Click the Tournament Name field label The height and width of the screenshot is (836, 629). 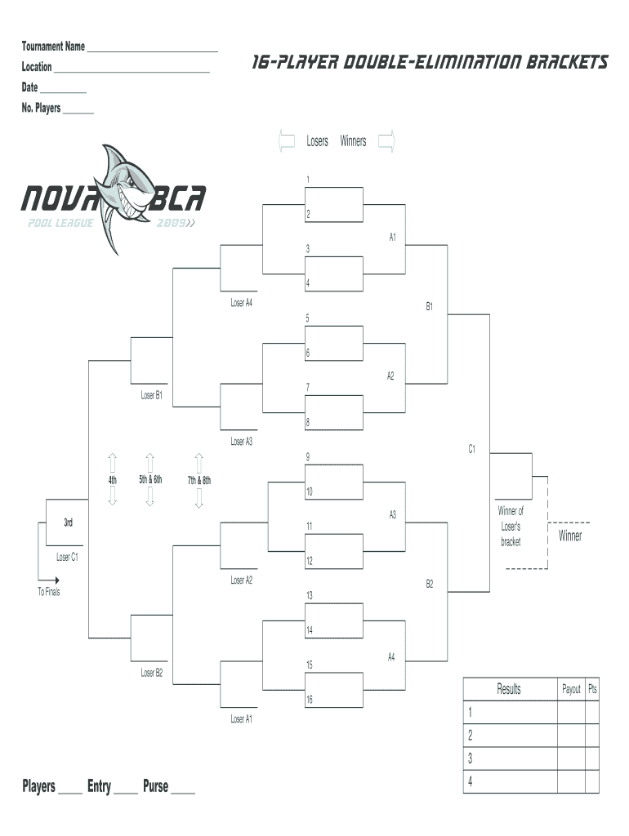pos(53,47)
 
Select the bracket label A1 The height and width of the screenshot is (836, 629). pos(392,238)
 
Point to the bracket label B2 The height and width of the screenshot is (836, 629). pos(429,584)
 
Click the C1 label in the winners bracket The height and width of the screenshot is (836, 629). pos(471,448)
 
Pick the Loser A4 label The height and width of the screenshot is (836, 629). pos(241,303)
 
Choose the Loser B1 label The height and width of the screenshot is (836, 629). pos(152,395)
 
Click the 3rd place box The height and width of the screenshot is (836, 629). pos(68,522)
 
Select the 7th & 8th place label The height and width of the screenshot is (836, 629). pos(199,480)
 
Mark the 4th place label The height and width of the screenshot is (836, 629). pos(112,480)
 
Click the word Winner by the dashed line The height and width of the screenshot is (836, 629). pos(570,536)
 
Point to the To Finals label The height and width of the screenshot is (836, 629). pos(48,592)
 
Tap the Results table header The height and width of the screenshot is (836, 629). pos(509,690)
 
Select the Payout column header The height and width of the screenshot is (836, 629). pos(571,690)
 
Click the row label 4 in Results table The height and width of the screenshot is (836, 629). pos(470,781)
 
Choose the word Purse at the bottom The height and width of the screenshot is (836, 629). pos(155,787)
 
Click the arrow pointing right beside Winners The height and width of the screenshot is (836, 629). pos(387,141)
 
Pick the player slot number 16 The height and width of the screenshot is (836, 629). pos(309,700)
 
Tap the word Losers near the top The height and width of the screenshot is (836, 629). pos(317,141)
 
